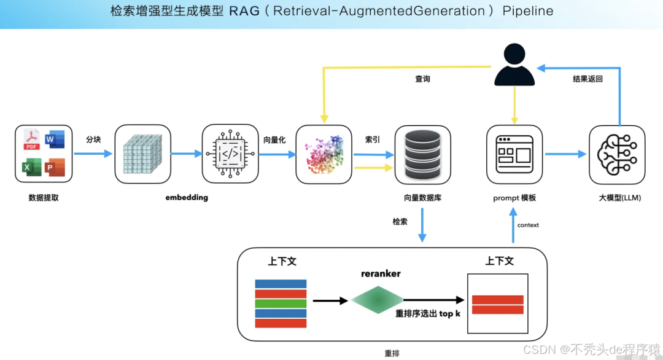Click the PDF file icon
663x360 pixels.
coord(31,140)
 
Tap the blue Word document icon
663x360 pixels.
coord(55,140)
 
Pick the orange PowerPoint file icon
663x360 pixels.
coord(55,167)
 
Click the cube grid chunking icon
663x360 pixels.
coord(142,154)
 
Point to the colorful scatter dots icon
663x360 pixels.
coord(324,154)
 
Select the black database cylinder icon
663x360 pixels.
coord(422,154)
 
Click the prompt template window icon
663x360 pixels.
coord(514,154)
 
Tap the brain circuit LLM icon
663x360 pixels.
coord(616,154)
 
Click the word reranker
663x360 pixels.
coord(381,273)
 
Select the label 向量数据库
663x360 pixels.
coord(422,198)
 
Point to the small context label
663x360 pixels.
coord(528,225)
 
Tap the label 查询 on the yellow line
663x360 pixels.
coord(422,79)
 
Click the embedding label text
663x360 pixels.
coord(187,198)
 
